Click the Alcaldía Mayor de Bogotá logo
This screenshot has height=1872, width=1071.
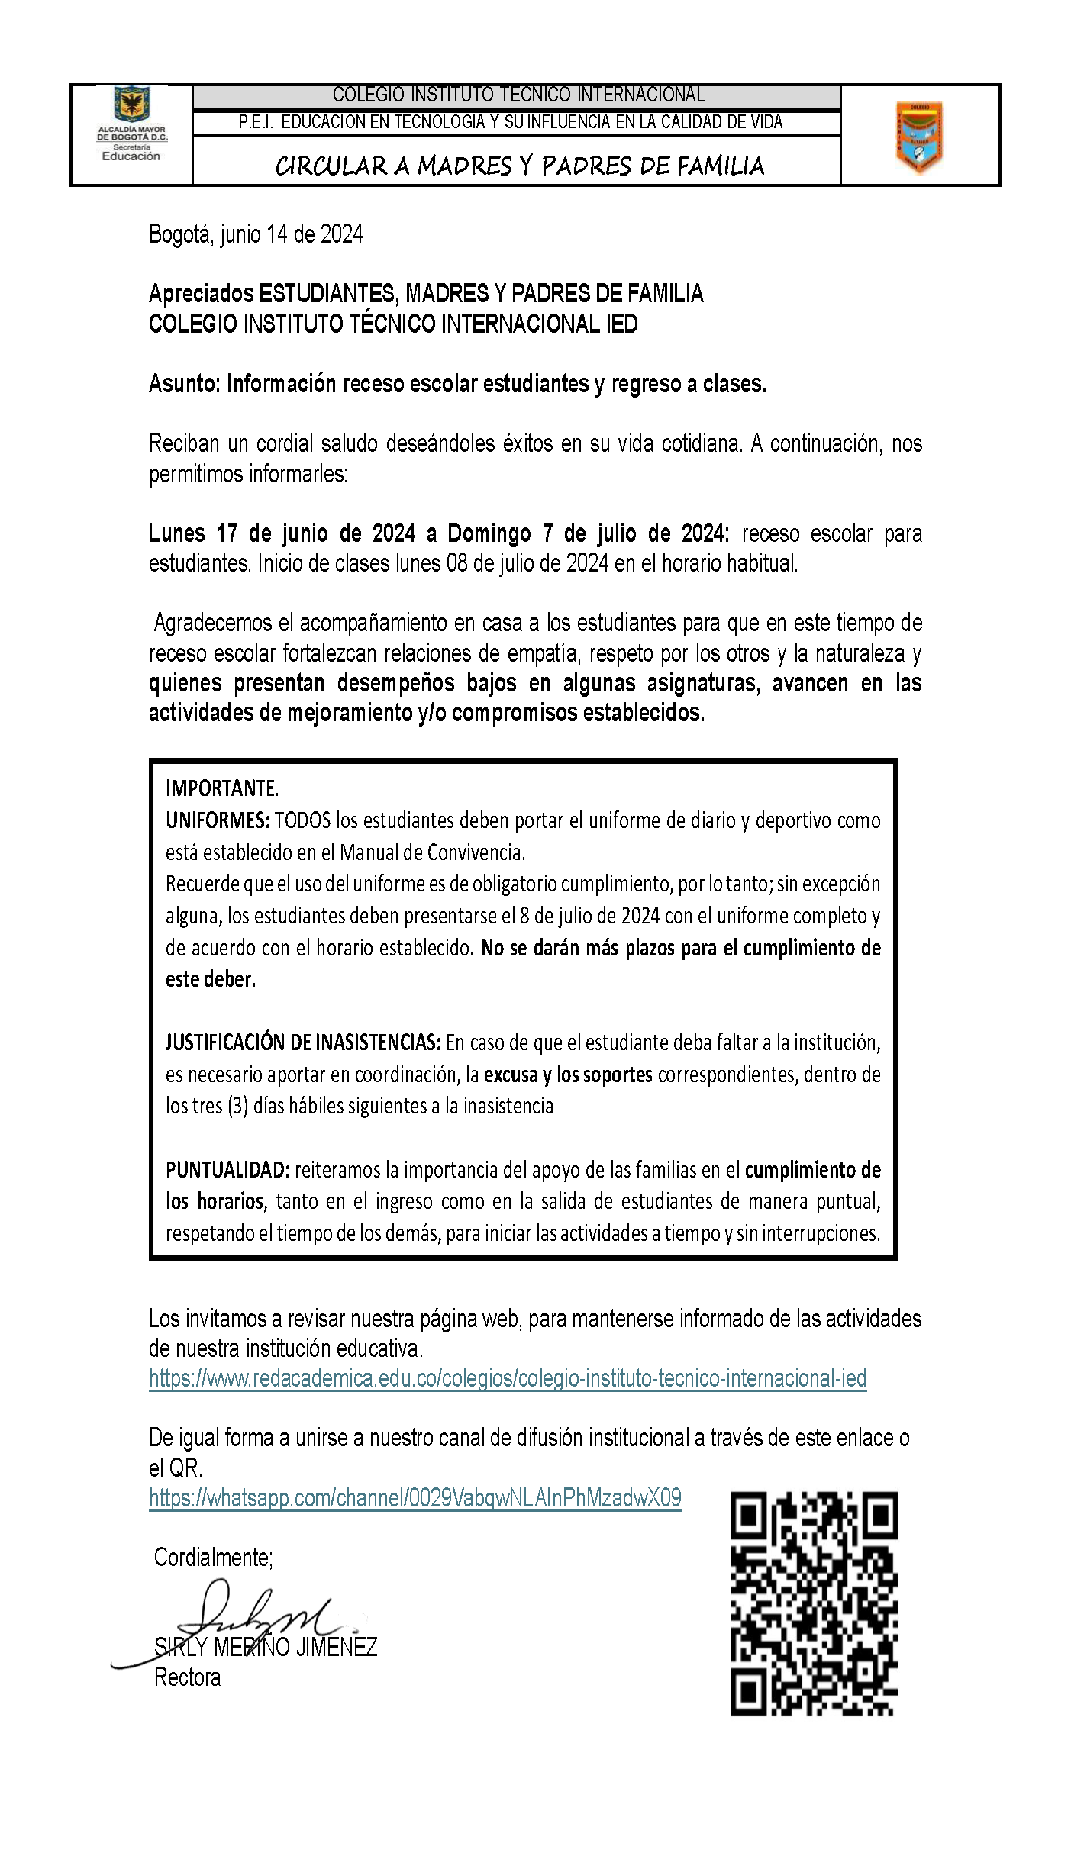131,124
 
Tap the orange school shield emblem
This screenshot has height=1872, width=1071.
919,137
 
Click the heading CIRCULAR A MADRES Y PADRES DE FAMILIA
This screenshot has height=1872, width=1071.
519,166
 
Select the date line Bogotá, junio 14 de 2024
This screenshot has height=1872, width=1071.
256,234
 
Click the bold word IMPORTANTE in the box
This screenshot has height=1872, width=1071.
221,788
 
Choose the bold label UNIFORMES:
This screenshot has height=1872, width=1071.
217,820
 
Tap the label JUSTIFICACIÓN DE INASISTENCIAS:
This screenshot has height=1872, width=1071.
302,1042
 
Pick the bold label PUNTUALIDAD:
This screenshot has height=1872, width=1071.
227,1170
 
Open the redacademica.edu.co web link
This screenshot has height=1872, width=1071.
508,1378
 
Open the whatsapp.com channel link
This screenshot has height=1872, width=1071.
415,1498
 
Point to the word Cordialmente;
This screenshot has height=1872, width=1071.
213,1558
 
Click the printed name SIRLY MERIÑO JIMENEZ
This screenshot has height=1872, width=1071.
266,1647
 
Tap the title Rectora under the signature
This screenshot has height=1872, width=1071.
187,1677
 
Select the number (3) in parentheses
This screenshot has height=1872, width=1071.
237,1106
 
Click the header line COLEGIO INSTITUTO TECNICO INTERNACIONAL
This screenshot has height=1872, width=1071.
518,95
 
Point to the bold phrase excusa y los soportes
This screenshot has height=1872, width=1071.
567,1075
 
